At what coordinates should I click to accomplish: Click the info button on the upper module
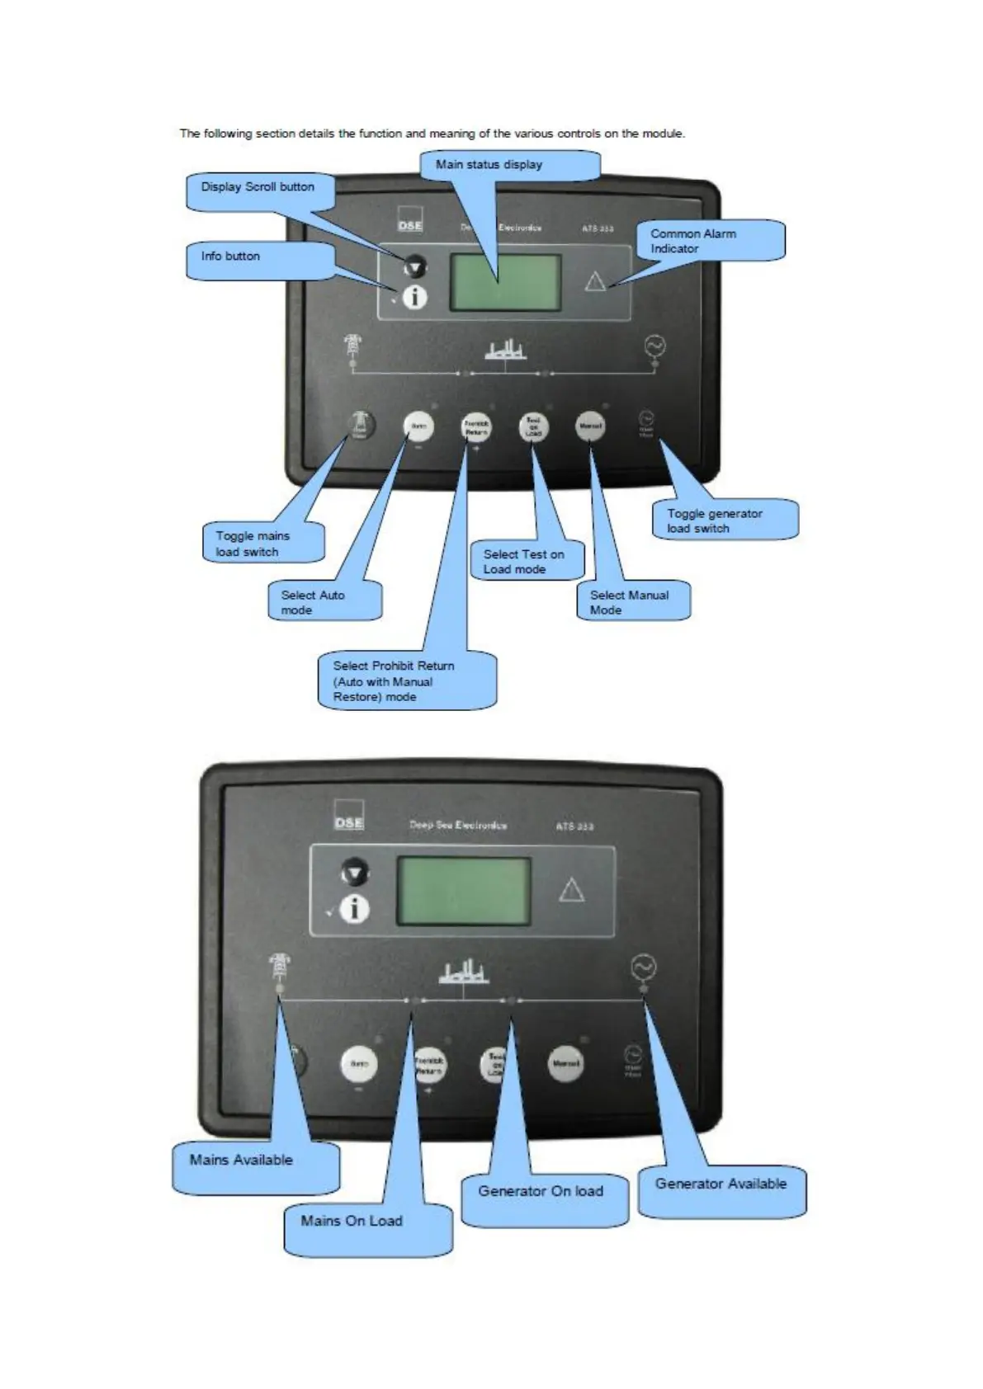414,297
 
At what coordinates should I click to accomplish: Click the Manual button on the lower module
566,1063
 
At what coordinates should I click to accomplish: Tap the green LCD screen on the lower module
464,891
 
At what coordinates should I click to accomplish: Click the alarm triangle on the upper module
595,282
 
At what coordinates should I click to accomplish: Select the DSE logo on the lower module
349,822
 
